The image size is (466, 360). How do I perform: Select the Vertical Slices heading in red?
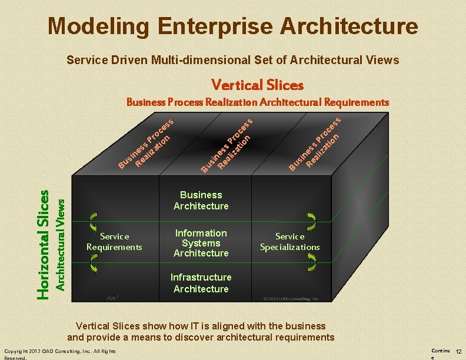pos(257,85)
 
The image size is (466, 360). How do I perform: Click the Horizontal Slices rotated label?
pos(44,244)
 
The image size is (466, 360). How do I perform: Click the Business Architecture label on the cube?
pos(201,200)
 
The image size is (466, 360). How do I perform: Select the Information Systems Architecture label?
pos(201,243)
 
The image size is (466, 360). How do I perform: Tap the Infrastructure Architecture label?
pos(201,283)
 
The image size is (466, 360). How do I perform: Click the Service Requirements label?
pos(114,241)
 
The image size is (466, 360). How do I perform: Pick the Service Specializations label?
pos(289,241)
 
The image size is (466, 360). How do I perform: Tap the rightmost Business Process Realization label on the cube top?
pos(315,144)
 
